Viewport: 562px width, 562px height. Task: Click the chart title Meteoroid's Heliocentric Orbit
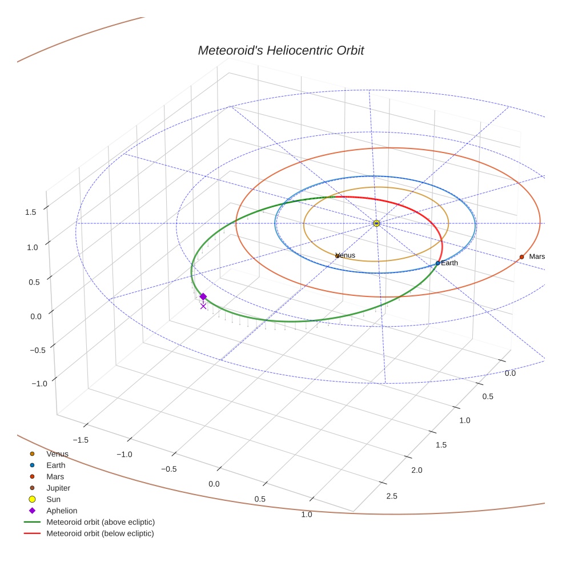point(280,50)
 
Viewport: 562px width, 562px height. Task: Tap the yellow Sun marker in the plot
point(376,223)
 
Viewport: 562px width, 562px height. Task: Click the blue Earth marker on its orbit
point(438,263)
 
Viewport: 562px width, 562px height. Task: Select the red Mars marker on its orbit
point(521,257)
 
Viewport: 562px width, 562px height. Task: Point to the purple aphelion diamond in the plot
point(203,296)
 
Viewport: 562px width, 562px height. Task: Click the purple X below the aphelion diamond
point(203,306)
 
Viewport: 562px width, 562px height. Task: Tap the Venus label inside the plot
point(346,255)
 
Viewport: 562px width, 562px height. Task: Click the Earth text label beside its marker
point(449,263)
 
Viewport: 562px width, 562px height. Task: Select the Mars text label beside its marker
point(537,256)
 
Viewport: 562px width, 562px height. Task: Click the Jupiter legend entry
point(58,488)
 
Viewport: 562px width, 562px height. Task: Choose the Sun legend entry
point(53,499)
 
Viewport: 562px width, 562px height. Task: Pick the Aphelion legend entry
point(61,511)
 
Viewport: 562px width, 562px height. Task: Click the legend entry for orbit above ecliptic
point(100,522)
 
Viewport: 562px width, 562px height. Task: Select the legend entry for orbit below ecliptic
point(100,533)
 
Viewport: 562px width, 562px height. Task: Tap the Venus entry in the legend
point(57,454)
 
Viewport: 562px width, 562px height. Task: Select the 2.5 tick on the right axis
point(392,495)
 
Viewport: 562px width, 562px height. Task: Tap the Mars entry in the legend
point(55,476)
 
